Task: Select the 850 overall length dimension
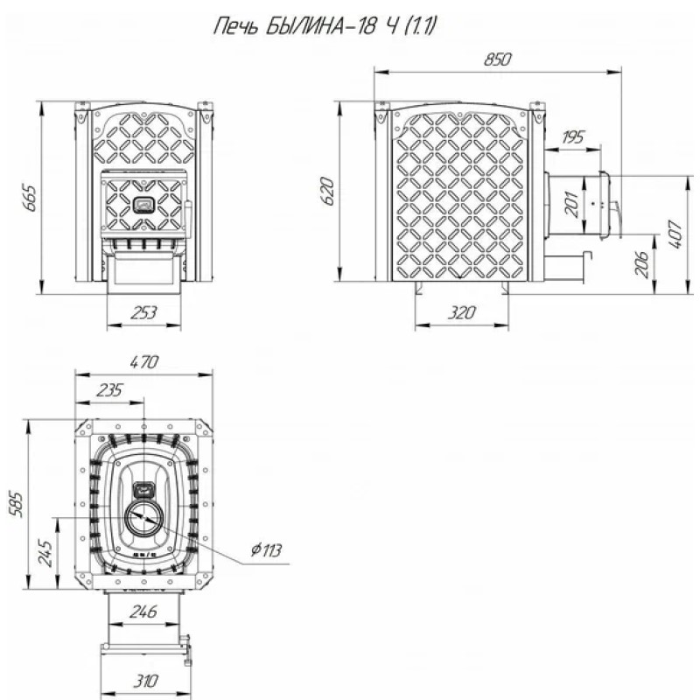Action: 496,59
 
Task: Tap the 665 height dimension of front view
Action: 29,199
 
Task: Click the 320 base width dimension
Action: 460,312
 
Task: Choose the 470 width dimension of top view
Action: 144,360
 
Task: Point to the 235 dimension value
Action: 110,390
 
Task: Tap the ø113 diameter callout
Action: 264,550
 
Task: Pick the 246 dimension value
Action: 143,613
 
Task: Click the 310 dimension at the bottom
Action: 145,680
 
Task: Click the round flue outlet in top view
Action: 143,521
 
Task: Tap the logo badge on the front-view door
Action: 143,206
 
